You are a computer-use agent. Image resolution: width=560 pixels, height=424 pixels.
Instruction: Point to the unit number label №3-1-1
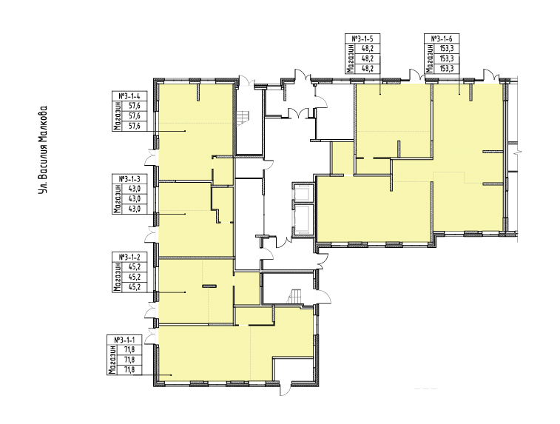tap(124, 340)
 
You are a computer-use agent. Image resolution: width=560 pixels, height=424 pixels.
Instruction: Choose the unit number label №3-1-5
tap(362, 38)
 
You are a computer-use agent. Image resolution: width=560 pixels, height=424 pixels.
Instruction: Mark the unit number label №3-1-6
tap(442, 38)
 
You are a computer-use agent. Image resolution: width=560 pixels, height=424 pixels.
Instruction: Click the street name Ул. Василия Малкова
tap(43, 150)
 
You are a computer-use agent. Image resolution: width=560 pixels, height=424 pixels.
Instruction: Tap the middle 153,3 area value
tap(447, 58)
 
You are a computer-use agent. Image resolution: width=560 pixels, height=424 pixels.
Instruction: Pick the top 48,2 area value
tap(367, 48)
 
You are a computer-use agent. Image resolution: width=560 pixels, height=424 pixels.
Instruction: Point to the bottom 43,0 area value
tap(135, 209)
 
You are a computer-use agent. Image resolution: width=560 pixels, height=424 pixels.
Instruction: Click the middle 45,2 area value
tap(135, 277)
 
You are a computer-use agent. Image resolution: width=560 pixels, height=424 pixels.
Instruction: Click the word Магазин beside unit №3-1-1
tap(112, 360)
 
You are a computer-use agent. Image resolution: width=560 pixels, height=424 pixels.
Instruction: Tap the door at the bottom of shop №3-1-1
tap(286, 389)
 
